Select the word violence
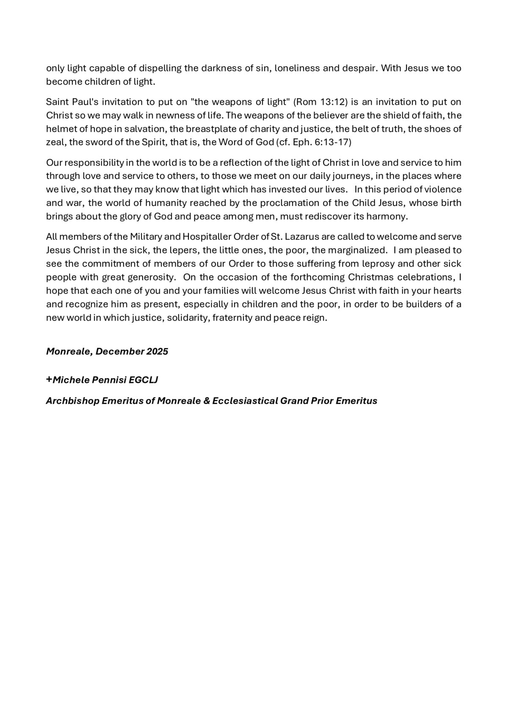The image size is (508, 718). pyautogui.click(x=442, y=189)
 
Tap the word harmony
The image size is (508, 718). pyautogui.click(x=389, y=216)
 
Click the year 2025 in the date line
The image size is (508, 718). pyautogui.click(x=157, y=351)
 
